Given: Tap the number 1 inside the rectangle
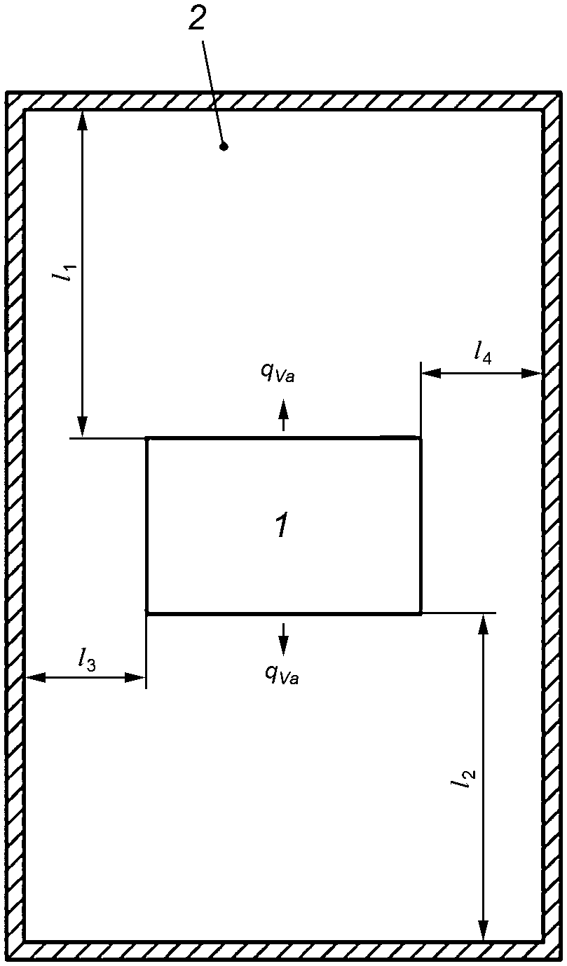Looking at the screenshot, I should pyautogui.click(x=281, y=525).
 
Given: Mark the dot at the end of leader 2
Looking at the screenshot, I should pyautogui.click(x=224, y=147).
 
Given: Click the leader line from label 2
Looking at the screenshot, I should pyautogui.click(x=213, y=91).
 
